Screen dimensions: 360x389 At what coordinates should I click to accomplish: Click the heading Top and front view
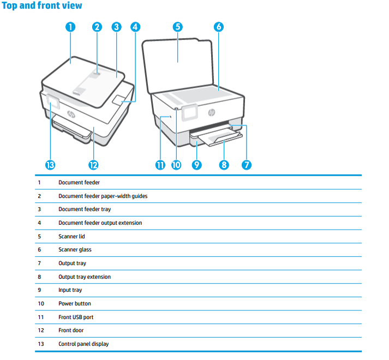point(42,6)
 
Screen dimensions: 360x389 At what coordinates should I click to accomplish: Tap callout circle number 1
point(70,27)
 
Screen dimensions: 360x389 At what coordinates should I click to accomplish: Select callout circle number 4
point(135,27)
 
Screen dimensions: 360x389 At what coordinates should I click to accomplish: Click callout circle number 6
point(218,27)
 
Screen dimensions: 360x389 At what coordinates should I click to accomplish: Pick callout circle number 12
point(93,165)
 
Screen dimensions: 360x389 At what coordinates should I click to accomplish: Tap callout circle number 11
point(160,165)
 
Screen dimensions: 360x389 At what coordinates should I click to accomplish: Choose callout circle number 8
point(224,165)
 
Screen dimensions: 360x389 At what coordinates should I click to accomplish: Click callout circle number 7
point(247,165)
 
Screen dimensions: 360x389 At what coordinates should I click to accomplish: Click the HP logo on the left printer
point(71,114)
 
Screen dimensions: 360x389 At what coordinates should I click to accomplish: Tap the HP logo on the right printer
point(212,112)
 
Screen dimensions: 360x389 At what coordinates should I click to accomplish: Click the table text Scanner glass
point(75,250)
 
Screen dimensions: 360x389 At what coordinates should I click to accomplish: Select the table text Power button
point(75,304)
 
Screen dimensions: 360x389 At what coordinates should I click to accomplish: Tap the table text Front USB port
point(76,317)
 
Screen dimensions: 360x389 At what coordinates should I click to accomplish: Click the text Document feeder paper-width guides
point(103,196)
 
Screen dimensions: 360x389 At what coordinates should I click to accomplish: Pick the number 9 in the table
point(39,290)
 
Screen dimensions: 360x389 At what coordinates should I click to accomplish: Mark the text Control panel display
point(83,344)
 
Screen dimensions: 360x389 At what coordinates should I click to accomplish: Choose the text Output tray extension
point(85,277)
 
